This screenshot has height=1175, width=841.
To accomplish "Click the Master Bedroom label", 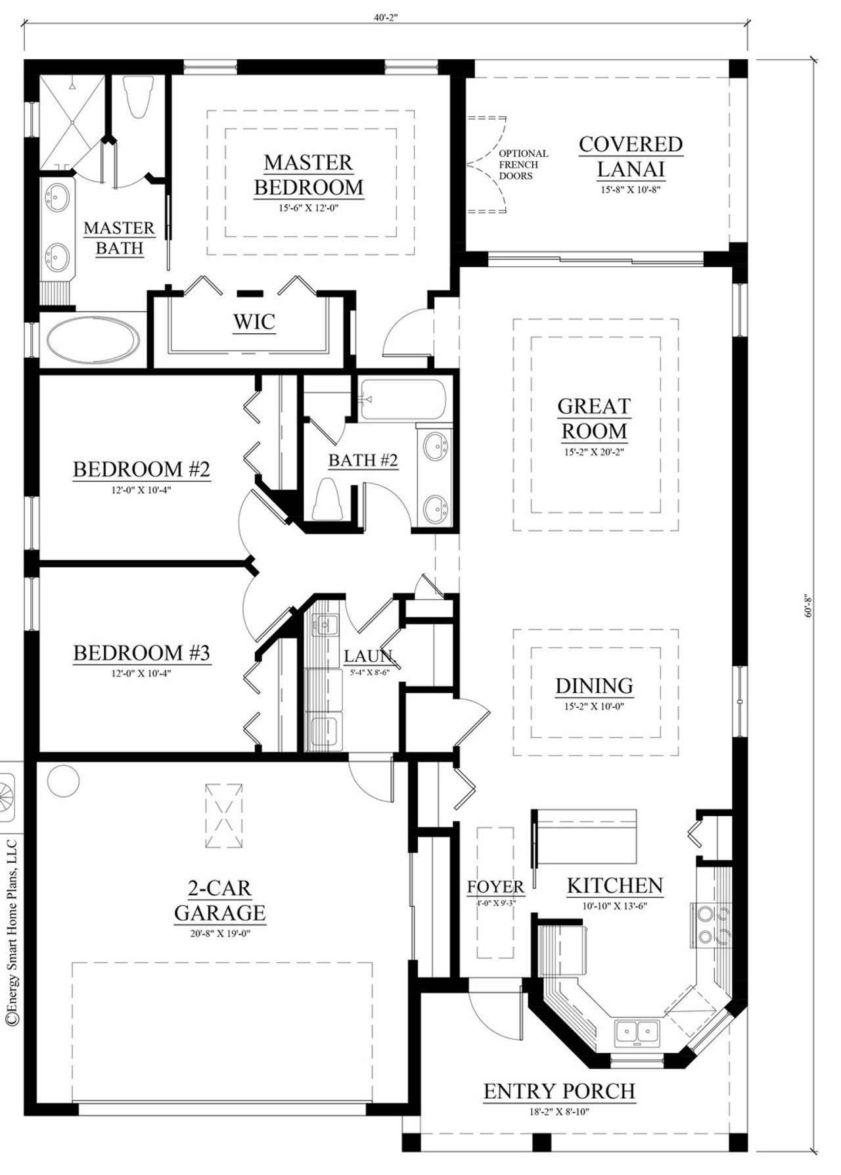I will pos(308,175).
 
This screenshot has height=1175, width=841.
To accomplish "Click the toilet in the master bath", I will pos(139,97).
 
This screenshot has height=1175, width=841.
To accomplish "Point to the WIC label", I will pos(254,322).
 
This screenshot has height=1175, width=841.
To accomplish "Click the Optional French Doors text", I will pos(523,164).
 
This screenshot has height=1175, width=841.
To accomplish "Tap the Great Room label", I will pos(593,419).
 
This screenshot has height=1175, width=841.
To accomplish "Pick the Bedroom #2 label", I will pos(141,469).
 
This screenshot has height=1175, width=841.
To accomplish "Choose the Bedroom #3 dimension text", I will pos(141,673).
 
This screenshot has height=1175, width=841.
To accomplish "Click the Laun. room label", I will pos(369,656).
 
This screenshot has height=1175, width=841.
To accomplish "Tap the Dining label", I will pos(594,686).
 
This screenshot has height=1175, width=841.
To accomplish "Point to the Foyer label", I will pos(495,887).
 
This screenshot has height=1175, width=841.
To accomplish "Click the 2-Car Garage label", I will pos(219,900).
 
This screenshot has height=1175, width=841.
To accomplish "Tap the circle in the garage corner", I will pos(63,780).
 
